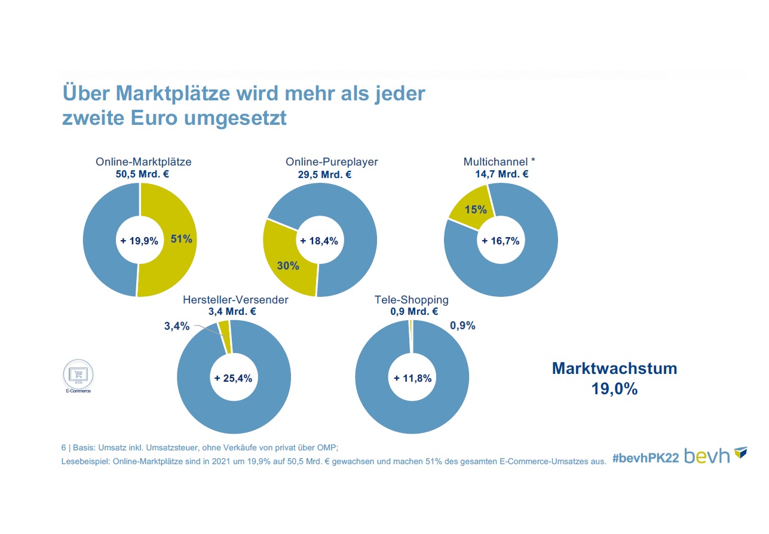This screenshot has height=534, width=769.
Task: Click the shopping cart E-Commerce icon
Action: click(78, 375)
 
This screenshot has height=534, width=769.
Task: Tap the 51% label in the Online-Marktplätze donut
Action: click(181, 240)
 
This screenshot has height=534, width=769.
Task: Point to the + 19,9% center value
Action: click(140, 241)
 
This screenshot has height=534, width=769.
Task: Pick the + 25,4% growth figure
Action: click(234, 378)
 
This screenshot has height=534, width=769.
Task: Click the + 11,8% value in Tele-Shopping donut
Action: click(412, 378)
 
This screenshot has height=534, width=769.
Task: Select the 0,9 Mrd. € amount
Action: click(413, 311)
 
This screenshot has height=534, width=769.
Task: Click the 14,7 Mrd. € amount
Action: click(498, 174)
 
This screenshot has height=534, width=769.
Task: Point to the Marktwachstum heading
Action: click(614, 369)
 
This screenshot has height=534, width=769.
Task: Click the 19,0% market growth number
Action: click(614, 389)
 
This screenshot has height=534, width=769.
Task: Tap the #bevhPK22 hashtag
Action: click(645, 458)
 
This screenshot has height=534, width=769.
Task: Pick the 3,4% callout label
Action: click(177, 326)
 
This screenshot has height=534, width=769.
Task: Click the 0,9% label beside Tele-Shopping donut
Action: click(462, 326)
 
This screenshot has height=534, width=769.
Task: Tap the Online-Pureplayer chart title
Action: click(332, 162)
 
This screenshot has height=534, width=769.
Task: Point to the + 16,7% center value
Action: click(501, 241)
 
